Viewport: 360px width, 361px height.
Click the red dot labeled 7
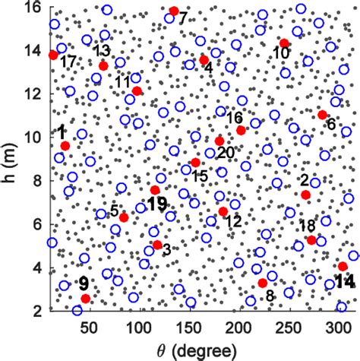tap(174, 11)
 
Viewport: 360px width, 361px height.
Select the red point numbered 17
tap(53, 55)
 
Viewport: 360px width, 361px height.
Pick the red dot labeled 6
tap(323, 115)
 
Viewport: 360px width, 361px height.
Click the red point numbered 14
tap(343, 266)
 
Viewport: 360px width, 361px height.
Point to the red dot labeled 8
tap(263, 283)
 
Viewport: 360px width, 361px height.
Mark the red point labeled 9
tap(86, 298)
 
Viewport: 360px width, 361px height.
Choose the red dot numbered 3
tap(157, 245)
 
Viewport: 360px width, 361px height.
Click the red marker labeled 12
tap(223, 211)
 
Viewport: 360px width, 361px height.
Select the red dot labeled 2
tap(306, 195)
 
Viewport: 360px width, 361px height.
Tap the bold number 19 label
tap(158, 204)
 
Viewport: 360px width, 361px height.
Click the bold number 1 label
tap(61, 133)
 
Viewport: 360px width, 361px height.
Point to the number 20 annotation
tap(226, 152)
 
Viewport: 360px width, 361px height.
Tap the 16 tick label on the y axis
tap(32, 8)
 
